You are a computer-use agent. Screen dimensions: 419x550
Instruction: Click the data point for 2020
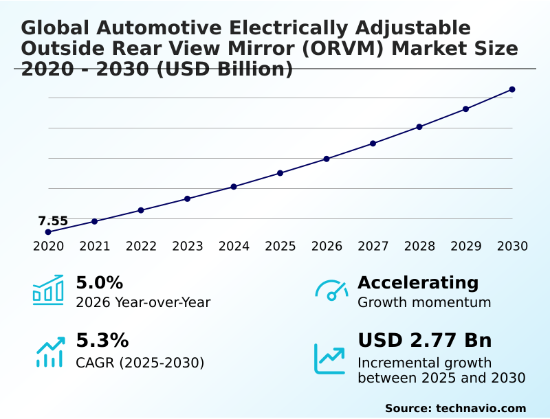[48, 232]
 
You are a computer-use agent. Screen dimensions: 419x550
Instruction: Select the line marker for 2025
[280, 173]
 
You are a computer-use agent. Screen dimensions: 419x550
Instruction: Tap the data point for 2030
[512, 89]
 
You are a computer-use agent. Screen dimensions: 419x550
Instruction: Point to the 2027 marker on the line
[373, 144]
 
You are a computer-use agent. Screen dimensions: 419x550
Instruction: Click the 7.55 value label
[53, 221]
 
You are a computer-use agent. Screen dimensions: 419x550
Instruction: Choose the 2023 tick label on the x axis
[188, 247]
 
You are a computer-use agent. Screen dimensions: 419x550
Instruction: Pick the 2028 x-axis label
[419, 247]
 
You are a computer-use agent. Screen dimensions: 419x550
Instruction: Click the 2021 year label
[95, 247]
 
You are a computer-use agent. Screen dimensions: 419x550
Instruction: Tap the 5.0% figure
[99, 283]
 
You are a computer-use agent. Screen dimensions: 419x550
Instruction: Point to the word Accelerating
[418, 283]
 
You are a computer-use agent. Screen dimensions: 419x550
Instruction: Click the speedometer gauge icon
[331, 291]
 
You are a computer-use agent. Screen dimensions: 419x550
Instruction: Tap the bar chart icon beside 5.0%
[47, 291]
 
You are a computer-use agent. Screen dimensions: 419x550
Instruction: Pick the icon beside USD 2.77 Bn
[330, 359]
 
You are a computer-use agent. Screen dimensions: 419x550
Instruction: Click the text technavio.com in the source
[481, 408]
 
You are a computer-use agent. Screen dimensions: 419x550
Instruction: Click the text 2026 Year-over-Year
[143, 303]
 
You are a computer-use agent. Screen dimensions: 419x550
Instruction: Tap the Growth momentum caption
[424, 303]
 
